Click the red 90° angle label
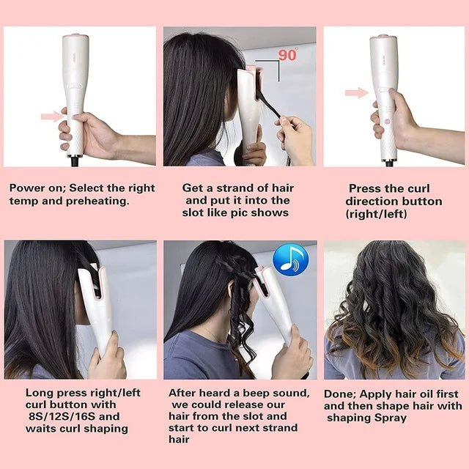[x=288, y=54]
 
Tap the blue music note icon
[x=290, y=259]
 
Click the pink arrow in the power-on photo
[x=53, y=116]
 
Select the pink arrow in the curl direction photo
[x=357, y=93]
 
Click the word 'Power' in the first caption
[x=24, y=188]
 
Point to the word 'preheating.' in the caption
[x=97, y=201]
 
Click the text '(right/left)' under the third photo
[x=376, y=214]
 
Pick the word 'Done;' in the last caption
[x=340, y=394]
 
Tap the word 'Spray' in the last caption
[x=391, y=418]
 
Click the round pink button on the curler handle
[x=387, y=122]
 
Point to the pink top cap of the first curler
[x=75, y=36]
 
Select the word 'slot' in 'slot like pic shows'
[x=193, y=213]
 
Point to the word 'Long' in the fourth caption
[x=37, y=394]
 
